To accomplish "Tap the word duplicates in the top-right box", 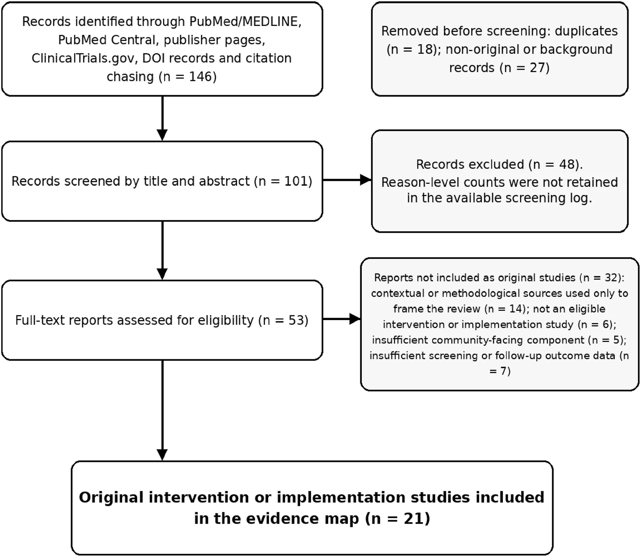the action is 586,31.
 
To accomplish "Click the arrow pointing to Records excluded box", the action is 347,180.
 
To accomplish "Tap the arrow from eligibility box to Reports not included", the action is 342,319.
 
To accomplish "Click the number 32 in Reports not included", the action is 610,277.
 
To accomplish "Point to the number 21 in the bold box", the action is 412,518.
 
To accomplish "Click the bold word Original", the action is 111,497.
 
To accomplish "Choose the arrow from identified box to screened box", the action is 162,118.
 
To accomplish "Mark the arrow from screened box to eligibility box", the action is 162,250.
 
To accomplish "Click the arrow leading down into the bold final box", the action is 162,410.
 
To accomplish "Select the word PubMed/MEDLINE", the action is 246,21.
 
